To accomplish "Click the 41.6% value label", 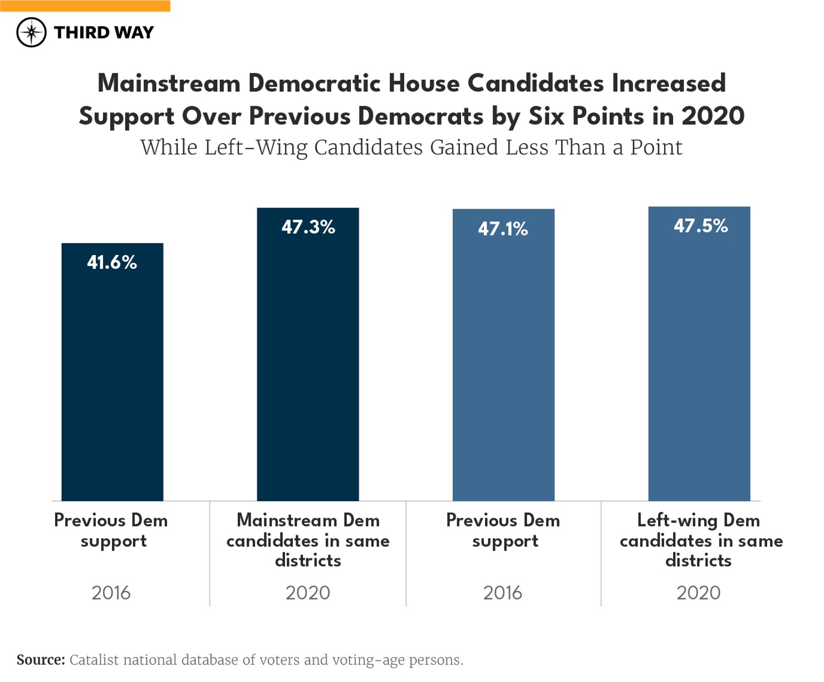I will (x=112, y=262).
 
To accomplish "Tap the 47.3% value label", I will (x=308, y=227).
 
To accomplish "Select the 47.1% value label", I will (x=503, y=229).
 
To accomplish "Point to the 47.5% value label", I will (x=700, y=226).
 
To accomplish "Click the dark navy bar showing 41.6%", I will (x=112, y=384).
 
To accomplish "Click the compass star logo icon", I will (x=31, y=32).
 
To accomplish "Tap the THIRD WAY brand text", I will (x=104, y=32).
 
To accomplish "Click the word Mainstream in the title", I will (x=169, y=84).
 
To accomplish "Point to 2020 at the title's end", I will (x=713, y=116).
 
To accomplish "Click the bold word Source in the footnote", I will (x=40, y=660).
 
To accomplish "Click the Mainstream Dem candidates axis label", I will (x=308, y=540).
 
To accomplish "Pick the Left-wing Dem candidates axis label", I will (x=700, y=540).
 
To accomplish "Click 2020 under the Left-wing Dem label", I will (x=698, y=592).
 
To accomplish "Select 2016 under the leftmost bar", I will (x=111, y=592).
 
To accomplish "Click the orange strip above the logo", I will (x=85, y=6).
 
